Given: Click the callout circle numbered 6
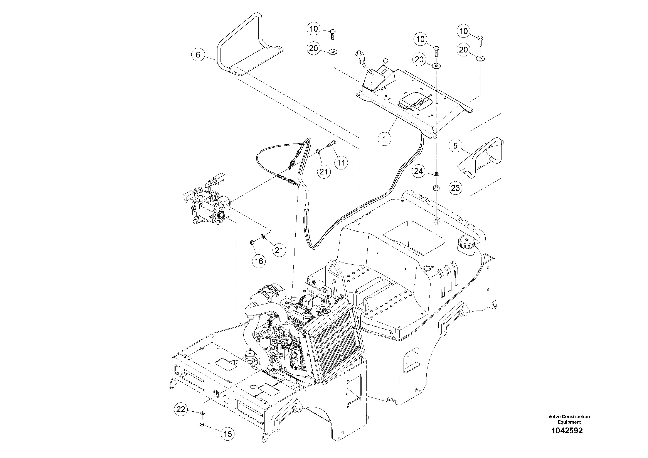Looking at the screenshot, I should pos(198,54).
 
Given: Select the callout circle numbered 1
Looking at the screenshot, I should pos(385,139).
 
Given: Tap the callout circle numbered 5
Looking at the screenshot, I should pos(455,146).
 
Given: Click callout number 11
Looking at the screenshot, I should pos(341,163).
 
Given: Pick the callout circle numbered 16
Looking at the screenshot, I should pos(259,261).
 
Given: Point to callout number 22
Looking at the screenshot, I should pos(181,409).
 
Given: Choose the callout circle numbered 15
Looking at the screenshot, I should pos(227,433).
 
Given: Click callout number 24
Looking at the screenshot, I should pos(419,171).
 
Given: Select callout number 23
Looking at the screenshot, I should pos(455,188).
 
